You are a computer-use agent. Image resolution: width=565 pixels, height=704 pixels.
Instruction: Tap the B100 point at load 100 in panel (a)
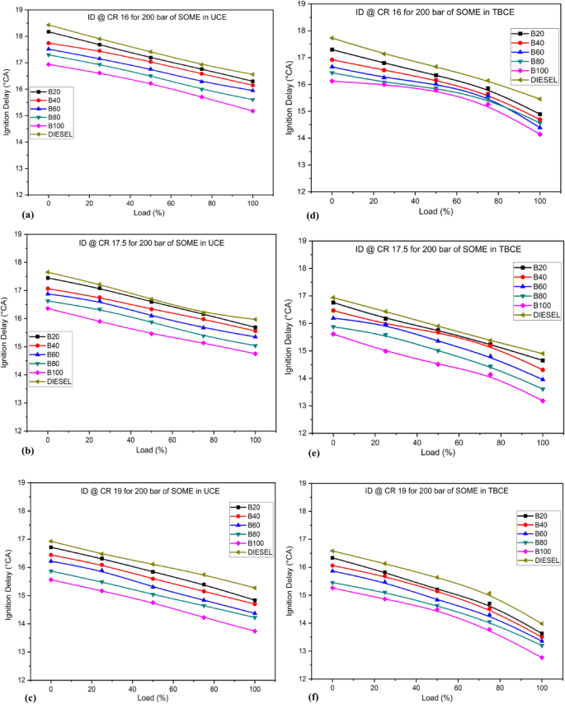click(x=253, y=110)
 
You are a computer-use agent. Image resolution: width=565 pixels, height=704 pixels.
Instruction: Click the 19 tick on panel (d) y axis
click(x=303, y=4)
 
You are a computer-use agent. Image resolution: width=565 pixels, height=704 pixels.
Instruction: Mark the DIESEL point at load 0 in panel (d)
click(x=332, y=38)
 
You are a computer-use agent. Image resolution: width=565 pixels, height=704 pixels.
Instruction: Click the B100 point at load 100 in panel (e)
click(x=543, y=401)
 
